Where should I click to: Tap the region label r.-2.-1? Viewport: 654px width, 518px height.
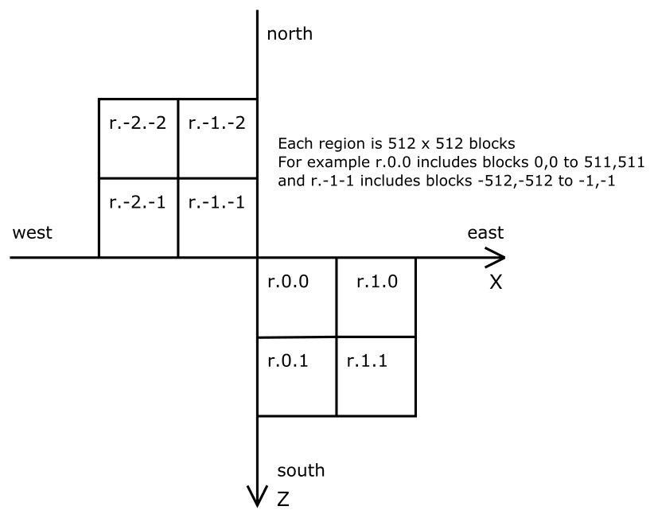(x=137, y=201)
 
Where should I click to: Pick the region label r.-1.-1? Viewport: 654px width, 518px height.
(x=216, y=201)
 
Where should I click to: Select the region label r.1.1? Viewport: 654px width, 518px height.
(x=368, y=359)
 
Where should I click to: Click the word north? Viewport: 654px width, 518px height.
(x=290, y=33)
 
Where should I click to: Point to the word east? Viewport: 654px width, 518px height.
(x=485, y=232)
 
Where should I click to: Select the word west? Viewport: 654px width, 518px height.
(x=33, y=232)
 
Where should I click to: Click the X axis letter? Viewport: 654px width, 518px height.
(x=496, y=282)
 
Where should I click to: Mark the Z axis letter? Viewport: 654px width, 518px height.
(x=282, y=500)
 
